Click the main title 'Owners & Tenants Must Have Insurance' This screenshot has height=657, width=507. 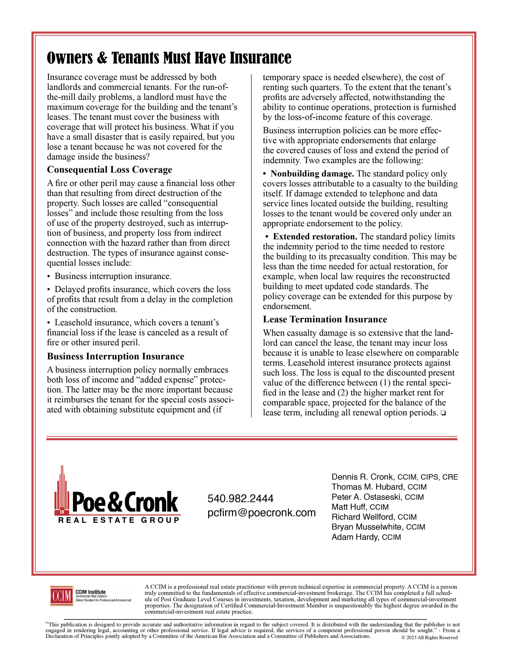click(169, 58)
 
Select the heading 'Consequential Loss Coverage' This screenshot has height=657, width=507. click(109, 170)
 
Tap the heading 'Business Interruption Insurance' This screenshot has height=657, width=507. click(115, 356)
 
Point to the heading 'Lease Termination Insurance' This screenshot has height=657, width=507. click(325, 319)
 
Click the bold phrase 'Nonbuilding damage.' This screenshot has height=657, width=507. click(312, 174)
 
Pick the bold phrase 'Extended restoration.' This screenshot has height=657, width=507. click(315, 237)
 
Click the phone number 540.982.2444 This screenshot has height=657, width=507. click(240, 499)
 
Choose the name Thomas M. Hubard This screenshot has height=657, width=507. click(367, 487)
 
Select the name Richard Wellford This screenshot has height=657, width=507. click(362, 517)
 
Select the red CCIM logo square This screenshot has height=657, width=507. click(62, 596)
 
